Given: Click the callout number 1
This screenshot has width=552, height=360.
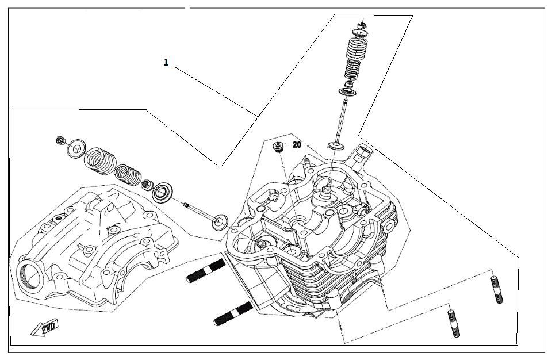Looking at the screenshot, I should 166,63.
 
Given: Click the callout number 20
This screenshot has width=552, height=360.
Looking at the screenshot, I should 297,145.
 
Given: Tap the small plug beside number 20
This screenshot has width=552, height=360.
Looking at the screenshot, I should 278,148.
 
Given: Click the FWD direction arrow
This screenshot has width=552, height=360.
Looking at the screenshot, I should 44,328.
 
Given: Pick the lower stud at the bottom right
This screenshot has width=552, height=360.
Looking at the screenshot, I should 453,324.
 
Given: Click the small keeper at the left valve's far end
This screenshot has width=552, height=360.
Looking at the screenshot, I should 60,141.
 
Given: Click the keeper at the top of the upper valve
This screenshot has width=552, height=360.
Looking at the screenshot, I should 361,24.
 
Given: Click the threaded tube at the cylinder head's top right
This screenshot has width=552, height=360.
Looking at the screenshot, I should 363,154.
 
